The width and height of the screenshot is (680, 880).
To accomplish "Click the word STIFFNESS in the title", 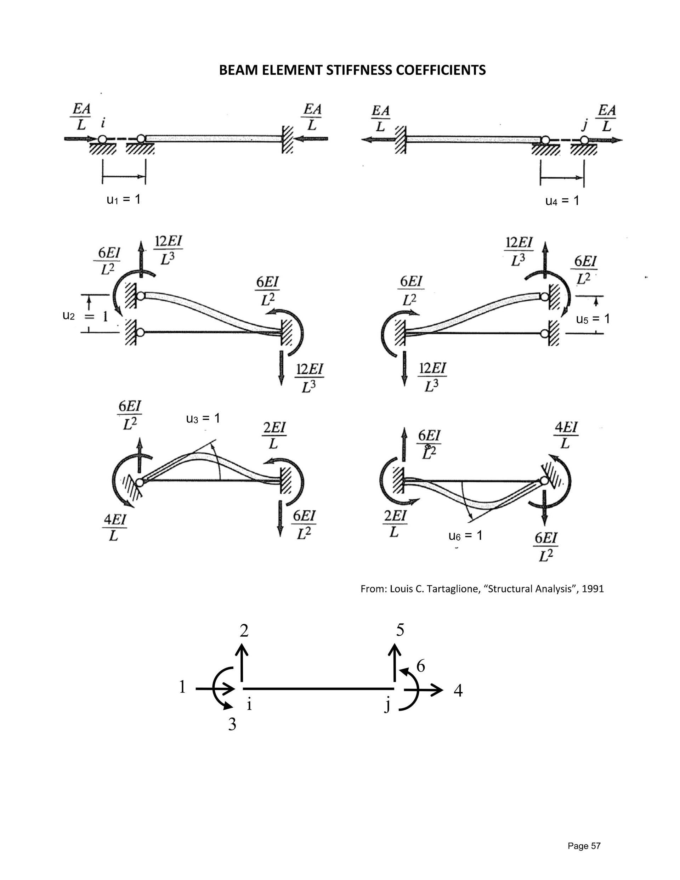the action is click(358, 70).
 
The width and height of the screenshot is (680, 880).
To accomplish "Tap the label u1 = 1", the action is click(123, 199).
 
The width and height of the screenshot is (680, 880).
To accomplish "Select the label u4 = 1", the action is click(562, 201).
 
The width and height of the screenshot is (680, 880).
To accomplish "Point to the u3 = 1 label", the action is click(203, 418).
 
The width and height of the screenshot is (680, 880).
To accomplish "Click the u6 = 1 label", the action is click(465, 535).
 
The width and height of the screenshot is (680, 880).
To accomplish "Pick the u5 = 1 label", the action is click(593, 319).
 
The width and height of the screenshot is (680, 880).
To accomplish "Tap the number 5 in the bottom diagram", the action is click(400, 630).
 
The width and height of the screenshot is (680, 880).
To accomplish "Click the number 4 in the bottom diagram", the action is click(458, 691).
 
